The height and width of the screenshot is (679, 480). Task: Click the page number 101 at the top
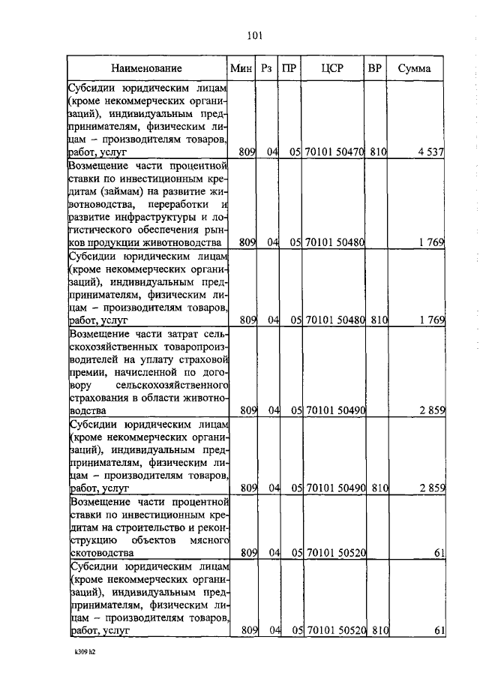click(252, 35)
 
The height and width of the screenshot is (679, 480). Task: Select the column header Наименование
click(148, 68)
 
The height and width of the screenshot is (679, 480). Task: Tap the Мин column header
click(241, 68)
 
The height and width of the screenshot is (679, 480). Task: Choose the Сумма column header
click(414, 68)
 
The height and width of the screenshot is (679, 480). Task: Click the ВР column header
click(375, 68)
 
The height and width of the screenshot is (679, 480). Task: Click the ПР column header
click(289, 68)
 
